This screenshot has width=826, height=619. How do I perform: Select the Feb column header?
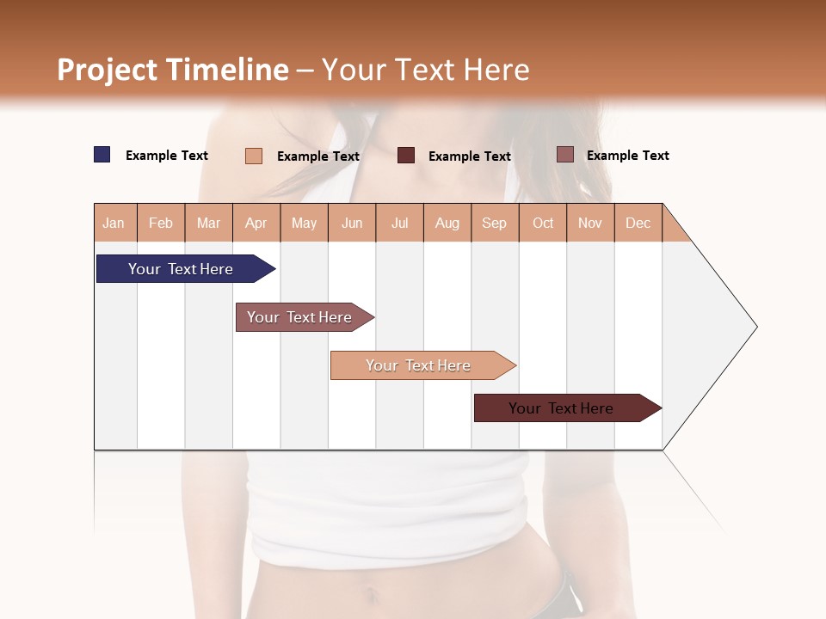[161, 223]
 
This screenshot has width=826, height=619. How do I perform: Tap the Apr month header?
[256, 223]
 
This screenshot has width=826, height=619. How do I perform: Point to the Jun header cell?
[352, 223]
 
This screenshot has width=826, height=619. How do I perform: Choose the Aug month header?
[447, 223]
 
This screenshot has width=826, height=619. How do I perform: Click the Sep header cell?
[495, 223]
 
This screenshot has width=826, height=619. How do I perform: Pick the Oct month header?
[543, 223]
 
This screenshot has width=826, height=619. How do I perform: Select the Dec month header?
[638, 223]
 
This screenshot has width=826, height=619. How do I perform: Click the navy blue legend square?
[102, 155]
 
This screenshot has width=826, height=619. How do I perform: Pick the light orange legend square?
[254, 156]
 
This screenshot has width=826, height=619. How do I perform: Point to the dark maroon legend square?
[406, 156]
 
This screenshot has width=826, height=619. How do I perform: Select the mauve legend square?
[564, 155]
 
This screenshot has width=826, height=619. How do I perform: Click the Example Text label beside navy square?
[167, 156]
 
